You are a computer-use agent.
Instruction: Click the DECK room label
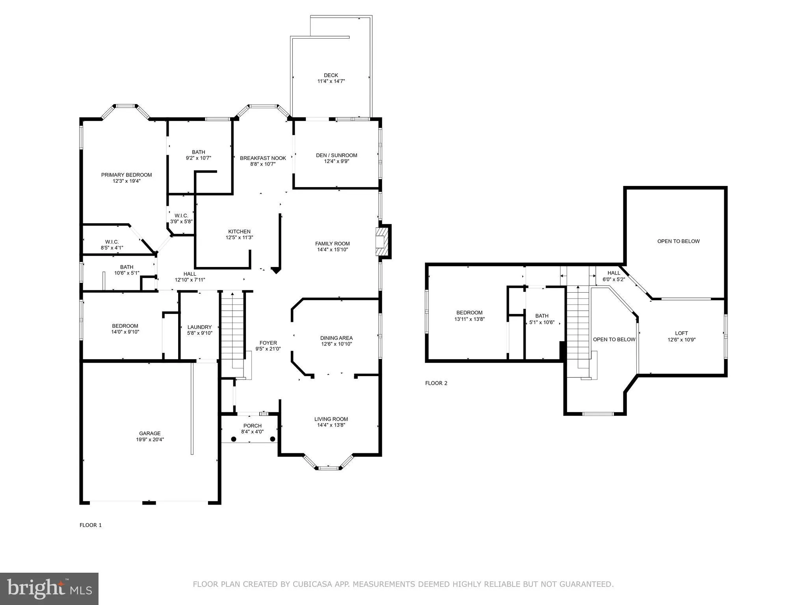[331, 75]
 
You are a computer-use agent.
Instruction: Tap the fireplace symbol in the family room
[381, 241]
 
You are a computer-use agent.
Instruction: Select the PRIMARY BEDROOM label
[126, 175]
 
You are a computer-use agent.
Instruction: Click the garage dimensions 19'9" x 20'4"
[150, 440]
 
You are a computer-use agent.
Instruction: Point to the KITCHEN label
[239, 232]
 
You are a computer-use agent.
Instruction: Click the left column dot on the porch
[234, 439]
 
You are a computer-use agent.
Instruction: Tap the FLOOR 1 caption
[91, 525]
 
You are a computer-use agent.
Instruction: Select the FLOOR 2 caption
[436, 383]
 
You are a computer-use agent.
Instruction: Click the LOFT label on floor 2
[681, 333]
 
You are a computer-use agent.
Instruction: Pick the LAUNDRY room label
[200, 327]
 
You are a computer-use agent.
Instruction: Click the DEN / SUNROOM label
[337, 155]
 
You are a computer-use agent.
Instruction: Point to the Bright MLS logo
[49, 589]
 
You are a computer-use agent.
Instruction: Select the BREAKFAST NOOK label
[263, 158]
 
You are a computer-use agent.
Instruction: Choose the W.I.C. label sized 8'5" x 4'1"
[112, 242]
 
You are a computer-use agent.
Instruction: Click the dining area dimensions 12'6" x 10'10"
[336, 344]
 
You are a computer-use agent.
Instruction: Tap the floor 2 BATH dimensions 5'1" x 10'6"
[542, 322]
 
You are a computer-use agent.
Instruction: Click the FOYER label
[268, 343]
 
